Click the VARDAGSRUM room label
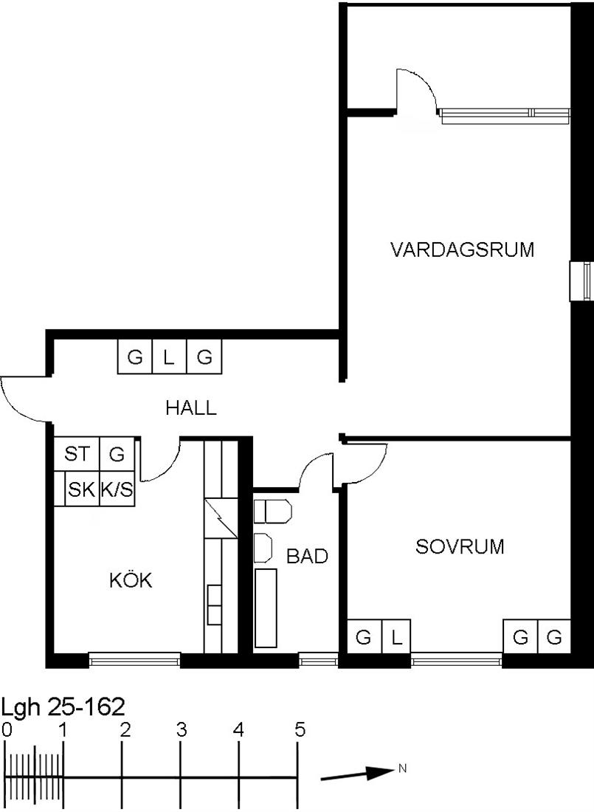(462, 250)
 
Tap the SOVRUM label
(460, 547)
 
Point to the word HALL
(190, 408)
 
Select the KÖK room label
(131, 579)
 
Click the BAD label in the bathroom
(307, 556)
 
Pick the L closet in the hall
(169, 357)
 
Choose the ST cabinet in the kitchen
(77, 454)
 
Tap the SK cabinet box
(81, 489)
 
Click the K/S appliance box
(117, 489)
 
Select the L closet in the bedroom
(396, 636)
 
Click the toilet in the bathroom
(272, 511)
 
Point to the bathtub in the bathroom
(266, 608)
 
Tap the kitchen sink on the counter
(215, 605)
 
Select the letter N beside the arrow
(402, 768)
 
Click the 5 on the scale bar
(300, 730)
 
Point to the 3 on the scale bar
(182, 730)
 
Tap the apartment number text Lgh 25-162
(63, 707)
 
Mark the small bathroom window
(319, 660)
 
